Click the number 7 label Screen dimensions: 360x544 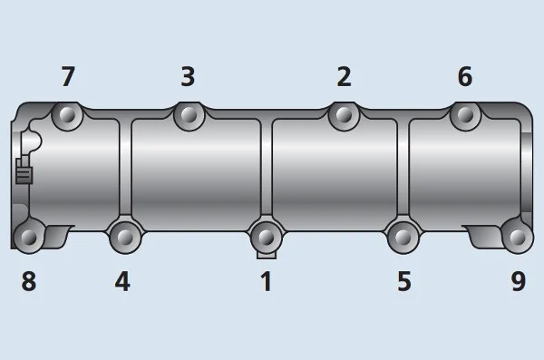[x=68, y=77]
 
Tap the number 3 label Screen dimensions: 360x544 [x=188, y=77]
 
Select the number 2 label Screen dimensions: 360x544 [x=344, y=77]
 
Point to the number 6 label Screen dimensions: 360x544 [x=464, y=77]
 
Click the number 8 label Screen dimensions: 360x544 [x=29, y=281]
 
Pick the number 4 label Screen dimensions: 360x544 [x=122, y=281]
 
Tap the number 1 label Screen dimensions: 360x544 [x=266, y=281]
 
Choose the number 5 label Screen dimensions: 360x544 [x=404, y=281]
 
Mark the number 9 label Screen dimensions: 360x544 [x=518, y=281]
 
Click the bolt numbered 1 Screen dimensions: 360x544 [x=266, y=237]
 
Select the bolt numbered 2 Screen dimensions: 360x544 [x=344, y=114]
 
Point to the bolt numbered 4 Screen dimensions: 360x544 [x=124, y=236]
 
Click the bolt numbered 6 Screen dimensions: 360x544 [x=465, y=114]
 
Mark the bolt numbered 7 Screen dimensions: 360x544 [x=66, y=115]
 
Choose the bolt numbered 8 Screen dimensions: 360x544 [x=29, y=237]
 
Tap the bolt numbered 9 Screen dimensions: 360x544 [x=517, y=236]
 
